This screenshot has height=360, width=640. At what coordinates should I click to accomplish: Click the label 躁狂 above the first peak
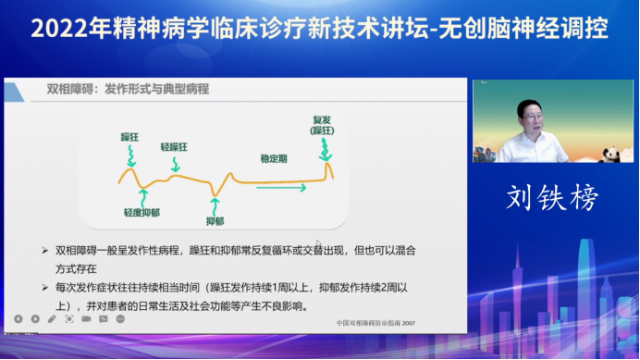point(129,136)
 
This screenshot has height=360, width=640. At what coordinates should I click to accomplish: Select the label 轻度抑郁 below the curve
point(142,213)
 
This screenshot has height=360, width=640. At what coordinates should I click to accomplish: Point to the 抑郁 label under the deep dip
point(215,221)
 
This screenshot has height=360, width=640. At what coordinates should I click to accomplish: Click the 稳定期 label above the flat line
point(274,157)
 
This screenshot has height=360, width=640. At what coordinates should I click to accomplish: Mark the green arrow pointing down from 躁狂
point(130,154)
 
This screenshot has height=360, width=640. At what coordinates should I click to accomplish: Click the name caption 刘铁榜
point(552,197)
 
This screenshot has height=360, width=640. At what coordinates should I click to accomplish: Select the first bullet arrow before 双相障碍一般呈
point(46,250)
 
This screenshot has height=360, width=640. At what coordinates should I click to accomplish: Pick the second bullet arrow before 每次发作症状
point(46,288)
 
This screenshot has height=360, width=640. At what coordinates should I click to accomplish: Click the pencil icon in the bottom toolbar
point(53,319)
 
